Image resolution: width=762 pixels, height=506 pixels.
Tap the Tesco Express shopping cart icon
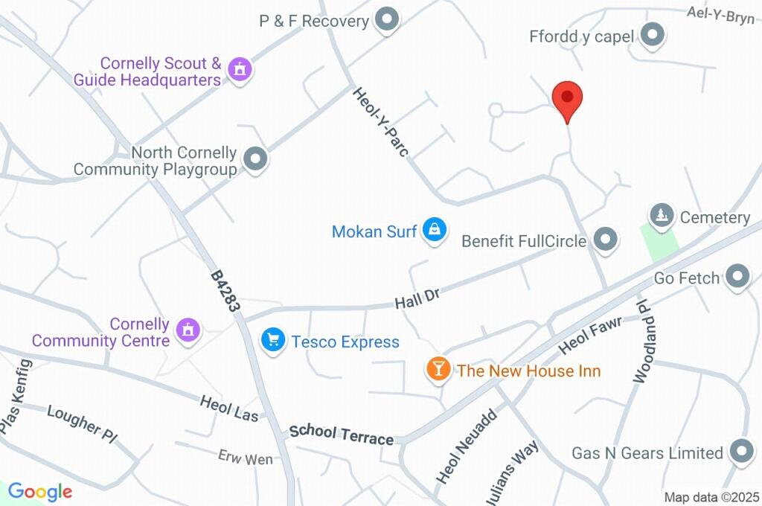click(x=273, y=341)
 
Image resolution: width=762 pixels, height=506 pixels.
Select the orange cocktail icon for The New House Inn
click(x=438, y=368)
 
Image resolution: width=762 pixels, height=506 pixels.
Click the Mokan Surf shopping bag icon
click(x=433, y=230)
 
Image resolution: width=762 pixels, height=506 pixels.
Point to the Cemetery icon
click(x=660, y=217)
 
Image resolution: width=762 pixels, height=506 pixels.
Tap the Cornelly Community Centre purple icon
click(x=189, y=329)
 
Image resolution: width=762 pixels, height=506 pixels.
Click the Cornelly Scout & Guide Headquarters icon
click(x=240, y=70)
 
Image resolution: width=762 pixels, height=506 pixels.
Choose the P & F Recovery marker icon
click(x=386, y=21)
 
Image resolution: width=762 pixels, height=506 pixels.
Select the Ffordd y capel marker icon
click(x=652, y=35)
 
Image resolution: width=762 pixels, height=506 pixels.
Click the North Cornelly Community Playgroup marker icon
click(x=255, y=159)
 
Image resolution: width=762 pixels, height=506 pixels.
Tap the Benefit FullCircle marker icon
click(x=606, y=240)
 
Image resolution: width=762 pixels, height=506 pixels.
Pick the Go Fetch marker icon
click(x=737, y=277)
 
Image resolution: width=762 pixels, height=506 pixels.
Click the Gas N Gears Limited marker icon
click(x=741, y=452)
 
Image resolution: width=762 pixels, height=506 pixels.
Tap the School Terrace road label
click(x=342, y=435)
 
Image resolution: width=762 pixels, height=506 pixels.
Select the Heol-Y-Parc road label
click(x=381, y=123)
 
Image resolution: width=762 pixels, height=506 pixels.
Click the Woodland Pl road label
click(x=641, y=342)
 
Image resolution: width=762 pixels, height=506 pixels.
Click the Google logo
click(x=40, y=492)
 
